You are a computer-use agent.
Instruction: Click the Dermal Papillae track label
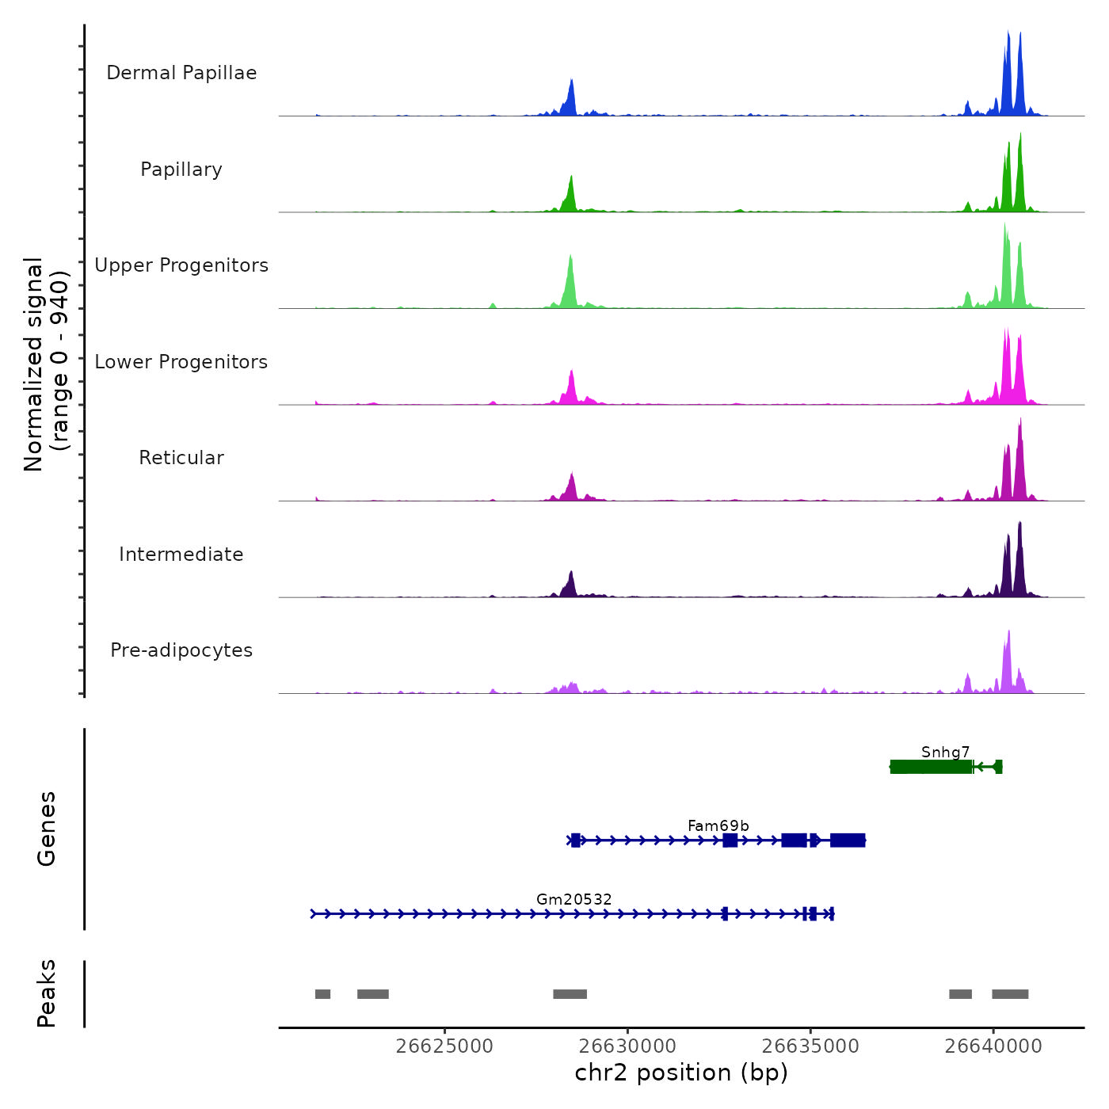pyautogui.click(x=181, y=73)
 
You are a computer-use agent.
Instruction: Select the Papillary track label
pyautogui.click(x=181, y=170)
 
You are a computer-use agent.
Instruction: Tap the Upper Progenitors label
pyautogui.click(x=181, y=265)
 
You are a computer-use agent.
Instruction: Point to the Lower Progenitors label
pyautogui.click(x=181, y=362)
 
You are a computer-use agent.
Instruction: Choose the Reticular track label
pyautogui.click(x=181, y=458)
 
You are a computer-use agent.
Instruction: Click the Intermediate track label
pyautogui.click(x=181, y=554)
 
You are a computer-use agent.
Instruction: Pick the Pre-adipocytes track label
pyautogui.click(x=181, y=650)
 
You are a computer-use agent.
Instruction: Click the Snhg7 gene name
pyautogui.click(x=945, y=752)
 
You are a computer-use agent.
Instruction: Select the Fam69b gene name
pyautogui.click(x=718, y=825)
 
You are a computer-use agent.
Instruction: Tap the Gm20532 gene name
pyautogui.click(x=574, y=899)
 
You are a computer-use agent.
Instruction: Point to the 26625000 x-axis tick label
pyautogui.click(x=444, y=1046)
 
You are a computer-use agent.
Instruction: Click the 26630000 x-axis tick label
pyautogui.click(x=627, y=1046)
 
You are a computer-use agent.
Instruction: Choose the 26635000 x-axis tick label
pyautogui.click(x=810, y=1046)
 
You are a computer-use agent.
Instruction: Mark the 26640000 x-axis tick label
pyautogui.click(x=993, y=1046)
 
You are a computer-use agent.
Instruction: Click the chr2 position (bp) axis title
pyautogui.click(x=681, y=1073)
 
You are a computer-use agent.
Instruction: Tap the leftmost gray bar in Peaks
pyautogui.click(x=322, y=994)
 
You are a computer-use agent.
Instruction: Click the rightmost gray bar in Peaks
pyautogui.click(x=1010, y=994)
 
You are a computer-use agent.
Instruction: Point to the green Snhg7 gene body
pyautogui.click(x=932, y=767)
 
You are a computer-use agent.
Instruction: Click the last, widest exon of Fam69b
pyautogui.click(x=848, y=840)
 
